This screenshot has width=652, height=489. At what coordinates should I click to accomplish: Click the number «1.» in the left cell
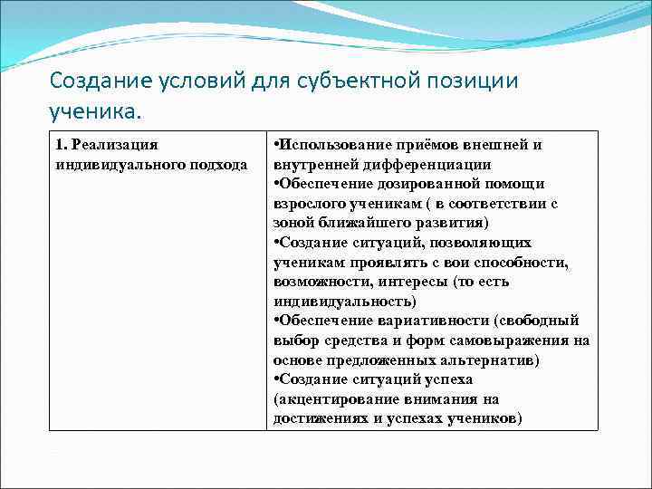click(61, 145)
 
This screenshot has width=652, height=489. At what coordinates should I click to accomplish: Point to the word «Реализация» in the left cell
click(115, 145)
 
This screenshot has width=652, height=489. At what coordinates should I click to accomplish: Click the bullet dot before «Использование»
click(276, 145)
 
